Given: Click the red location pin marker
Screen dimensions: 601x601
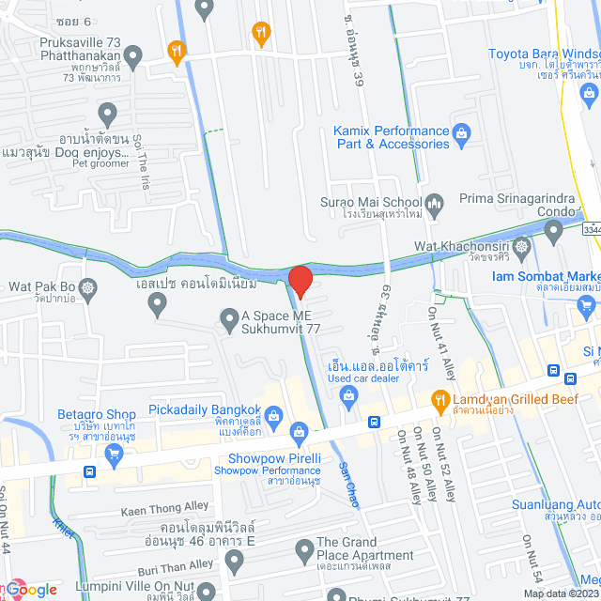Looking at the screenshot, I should click(300, 281).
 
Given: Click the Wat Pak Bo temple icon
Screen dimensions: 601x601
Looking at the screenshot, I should click(88, 286).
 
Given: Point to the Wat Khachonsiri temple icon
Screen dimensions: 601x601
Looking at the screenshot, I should click(523, 246).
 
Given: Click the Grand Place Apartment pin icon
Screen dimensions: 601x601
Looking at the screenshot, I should click(302, 549).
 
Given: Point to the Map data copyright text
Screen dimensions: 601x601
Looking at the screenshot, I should click(560, 593).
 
